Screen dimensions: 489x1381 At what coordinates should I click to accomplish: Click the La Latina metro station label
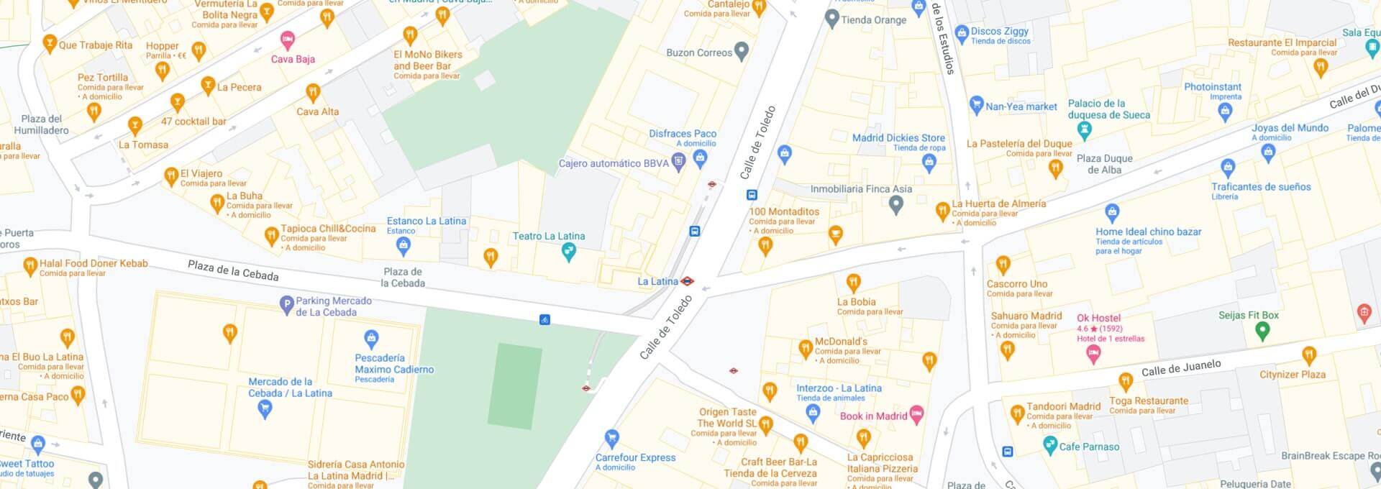(x=657, y=281)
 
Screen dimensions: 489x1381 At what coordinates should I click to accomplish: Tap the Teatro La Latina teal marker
(x=569, y=252)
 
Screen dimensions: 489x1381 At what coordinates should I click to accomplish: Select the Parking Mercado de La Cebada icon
(x=286, y=305)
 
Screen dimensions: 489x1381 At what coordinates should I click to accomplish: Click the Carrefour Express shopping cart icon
(x=612, y=438)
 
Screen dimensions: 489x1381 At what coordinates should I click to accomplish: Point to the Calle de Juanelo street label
(x=1181, y=368)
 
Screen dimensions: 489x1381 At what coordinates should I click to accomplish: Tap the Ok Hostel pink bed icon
(x=1093, y=353)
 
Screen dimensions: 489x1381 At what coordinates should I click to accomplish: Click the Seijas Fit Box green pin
(x=1262, y=331)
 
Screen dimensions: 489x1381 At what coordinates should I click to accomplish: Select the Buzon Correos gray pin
(x=742, y=50)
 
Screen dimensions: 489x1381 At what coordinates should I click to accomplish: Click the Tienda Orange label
(x=874, y=19)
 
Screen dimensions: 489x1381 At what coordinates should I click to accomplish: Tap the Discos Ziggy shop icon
(x=962, y=33)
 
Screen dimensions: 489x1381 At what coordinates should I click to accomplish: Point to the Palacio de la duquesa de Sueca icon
(x=1085, y=130)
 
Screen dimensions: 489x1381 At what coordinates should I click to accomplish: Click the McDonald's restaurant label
(x=841, y=342)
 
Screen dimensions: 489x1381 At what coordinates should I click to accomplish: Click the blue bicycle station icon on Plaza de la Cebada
(x=544, y=319)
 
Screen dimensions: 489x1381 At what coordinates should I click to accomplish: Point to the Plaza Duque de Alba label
(x=1104, y=164)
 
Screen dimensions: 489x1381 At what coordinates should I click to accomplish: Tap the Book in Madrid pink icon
(x=916, y=414)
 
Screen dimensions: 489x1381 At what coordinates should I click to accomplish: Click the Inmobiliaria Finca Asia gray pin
(x=895, y=206)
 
